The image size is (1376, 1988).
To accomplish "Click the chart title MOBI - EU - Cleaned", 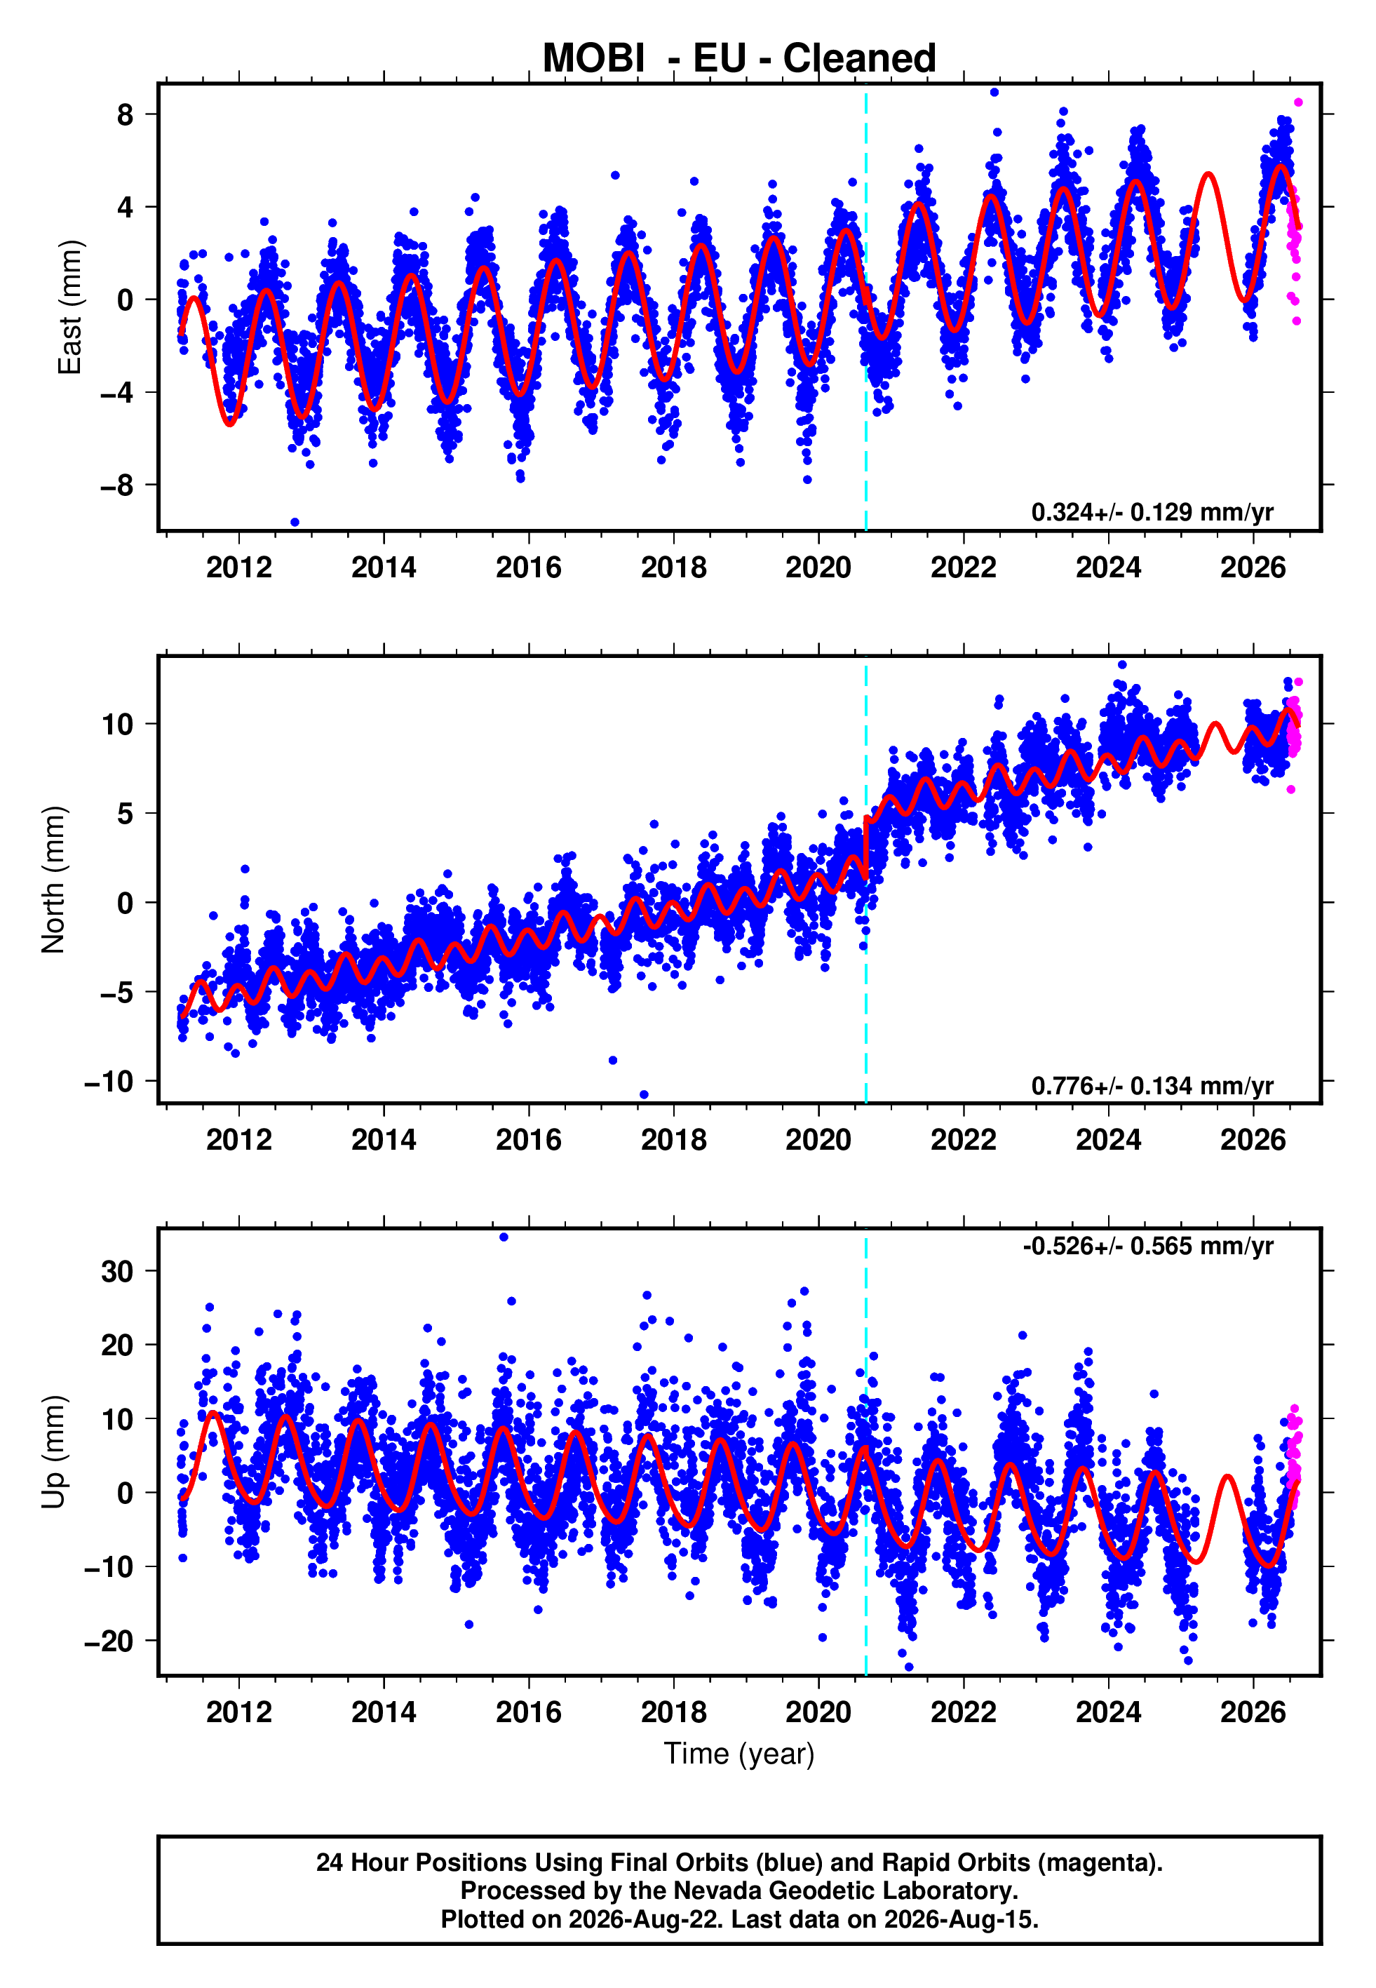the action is (x=739, y=59).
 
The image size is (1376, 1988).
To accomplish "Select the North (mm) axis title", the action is (x=53, y=880).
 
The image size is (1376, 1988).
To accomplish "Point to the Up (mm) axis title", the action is (x=53, y=1452).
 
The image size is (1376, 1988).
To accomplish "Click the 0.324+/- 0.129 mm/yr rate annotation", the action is (x=1152, y=512).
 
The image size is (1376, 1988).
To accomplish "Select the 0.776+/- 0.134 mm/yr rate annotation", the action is (x=1152, y=1085).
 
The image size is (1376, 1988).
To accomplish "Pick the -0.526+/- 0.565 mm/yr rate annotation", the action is (x=1147, y=1246).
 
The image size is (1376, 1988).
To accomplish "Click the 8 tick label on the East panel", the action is (x=125, y=114).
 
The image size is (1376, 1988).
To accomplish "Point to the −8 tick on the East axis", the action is (x=116, y=485).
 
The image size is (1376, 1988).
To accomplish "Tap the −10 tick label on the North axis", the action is (x=109, y=1081).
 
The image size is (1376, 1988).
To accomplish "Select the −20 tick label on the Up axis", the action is (x=109, y=1641).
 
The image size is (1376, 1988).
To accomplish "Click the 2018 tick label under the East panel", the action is (x=673, y=567).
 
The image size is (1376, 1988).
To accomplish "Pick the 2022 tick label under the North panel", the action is (x=963, y=1140).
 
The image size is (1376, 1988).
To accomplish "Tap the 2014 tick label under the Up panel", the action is (x=384, y=1712).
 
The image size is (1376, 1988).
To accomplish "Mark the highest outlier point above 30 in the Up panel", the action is (x=504, y=1237).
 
